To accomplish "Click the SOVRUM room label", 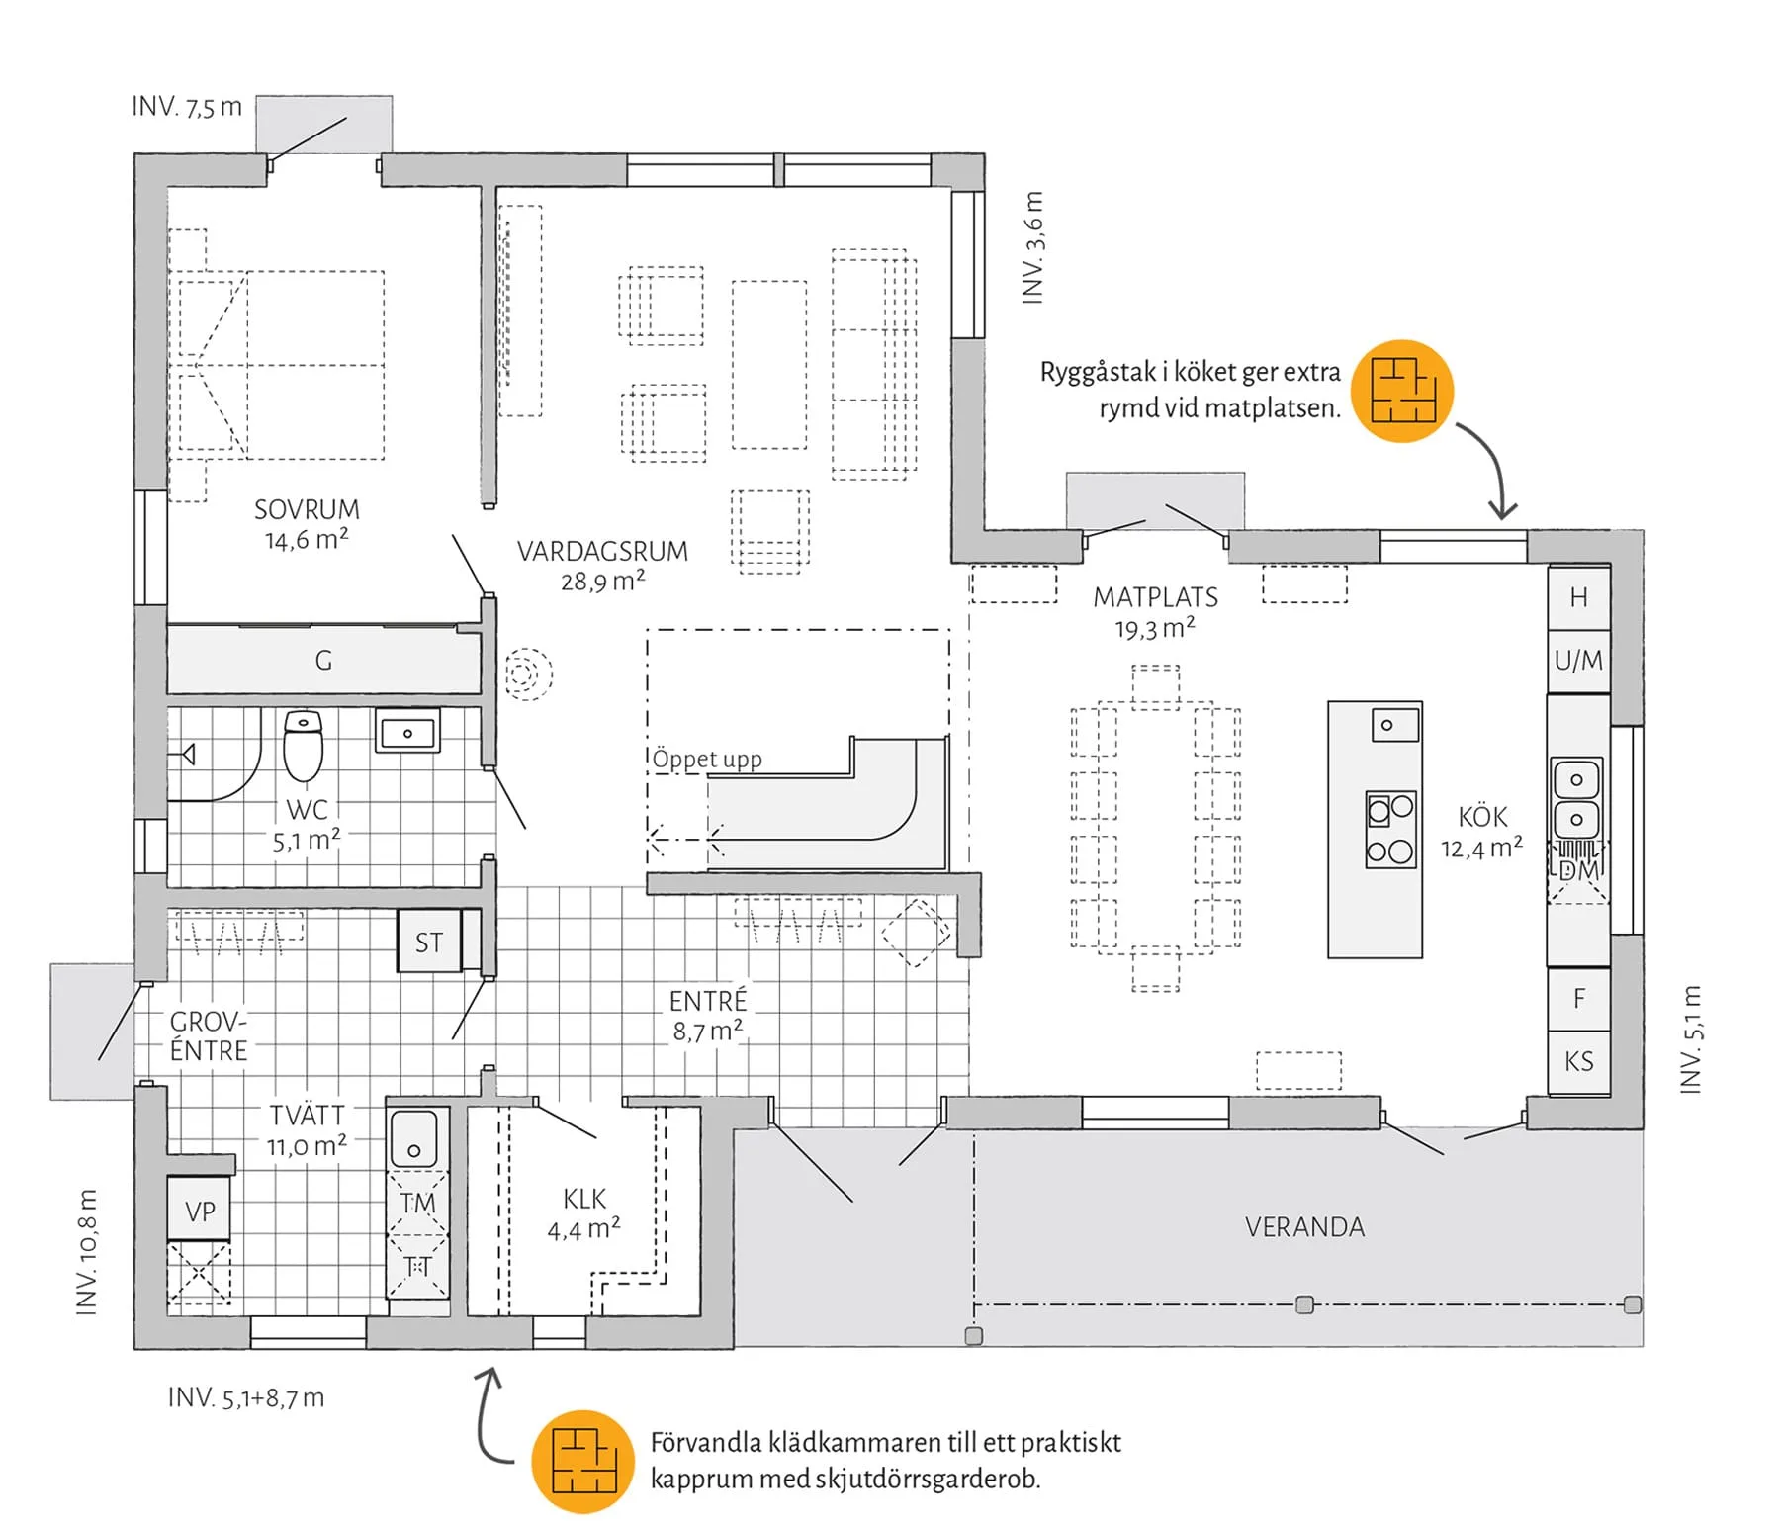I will point(307,510).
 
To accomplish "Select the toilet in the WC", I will point(303,747).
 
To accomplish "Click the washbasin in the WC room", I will point(407,733).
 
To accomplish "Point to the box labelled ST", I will point(428,943).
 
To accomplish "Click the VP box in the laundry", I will point(200,1212).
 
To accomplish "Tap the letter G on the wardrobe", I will point(323,661).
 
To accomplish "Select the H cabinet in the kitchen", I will point(1578,597).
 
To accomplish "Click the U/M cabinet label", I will point(1578,660).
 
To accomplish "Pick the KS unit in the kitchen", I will point(1578,1061).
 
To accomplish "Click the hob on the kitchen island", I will point(1390,830).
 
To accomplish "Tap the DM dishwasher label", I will point(1578,870).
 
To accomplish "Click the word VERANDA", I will point(1304,1227).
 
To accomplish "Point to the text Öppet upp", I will point(707,760).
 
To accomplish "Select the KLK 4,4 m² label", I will point(583,1213).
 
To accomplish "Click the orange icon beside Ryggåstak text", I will point(1402,391).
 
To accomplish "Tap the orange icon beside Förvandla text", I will point(582,1461).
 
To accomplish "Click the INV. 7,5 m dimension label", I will point(187,107).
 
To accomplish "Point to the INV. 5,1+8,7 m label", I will point(246,1397).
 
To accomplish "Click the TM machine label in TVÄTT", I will point(417,1203).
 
